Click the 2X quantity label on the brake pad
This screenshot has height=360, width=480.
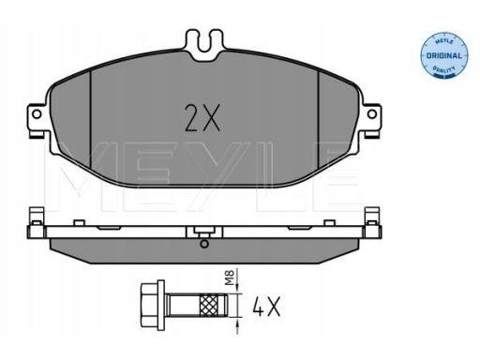click(x=202, y=118)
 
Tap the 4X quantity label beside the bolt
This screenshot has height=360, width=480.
click(x=266, y=307)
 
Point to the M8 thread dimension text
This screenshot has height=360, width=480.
click(x=231, y=277)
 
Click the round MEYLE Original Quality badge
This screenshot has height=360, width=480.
click(x=444, y=55)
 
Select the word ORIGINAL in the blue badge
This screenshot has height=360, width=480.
click(x=444, y=56)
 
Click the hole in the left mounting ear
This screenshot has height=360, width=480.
click(x=37, y=114)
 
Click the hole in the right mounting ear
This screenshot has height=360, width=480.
click(x=372, y=114)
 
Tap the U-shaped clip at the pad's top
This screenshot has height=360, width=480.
click(x=204, y=45)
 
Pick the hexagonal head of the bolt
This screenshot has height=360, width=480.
click(x=149, y=305)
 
